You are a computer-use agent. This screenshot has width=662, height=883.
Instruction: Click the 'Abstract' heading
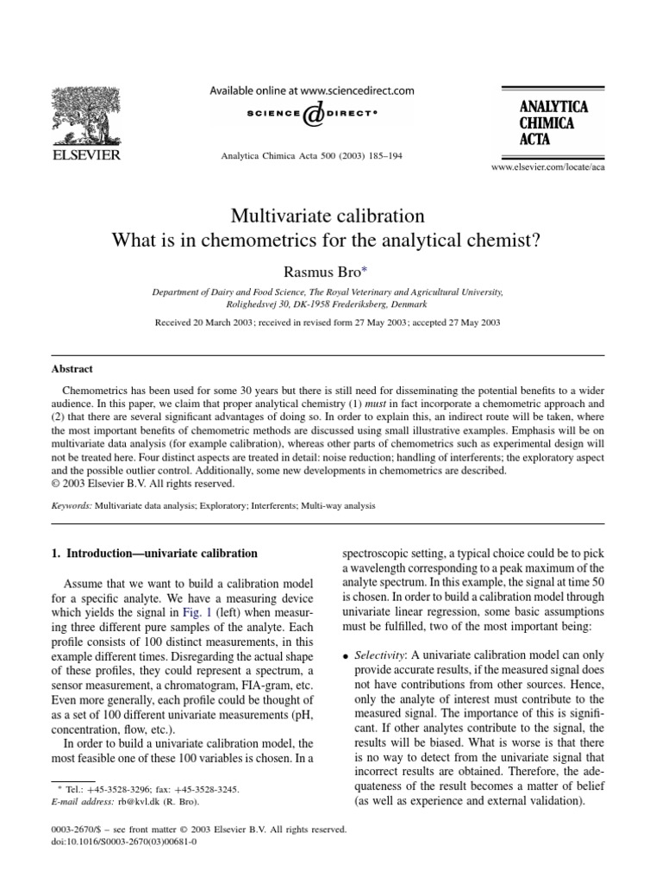click(73, 368)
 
